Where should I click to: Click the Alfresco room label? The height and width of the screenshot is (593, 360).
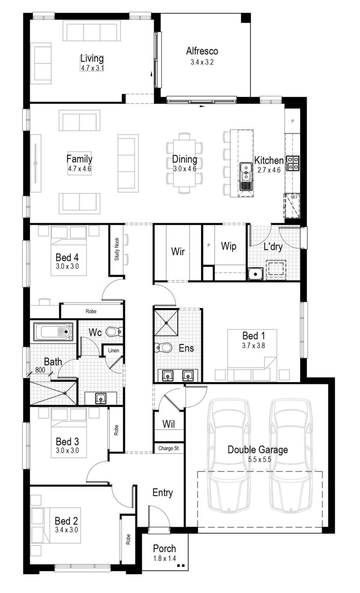(x=202, y=51)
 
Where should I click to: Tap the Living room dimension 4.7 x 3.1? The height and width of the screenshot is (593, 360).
(x=92, y=68)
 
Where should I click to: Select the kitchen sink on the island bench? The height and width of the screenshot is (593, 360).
(x=245, y=176)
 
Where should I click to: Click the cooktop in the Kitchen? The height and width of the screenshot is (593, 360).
(x=293, y=164)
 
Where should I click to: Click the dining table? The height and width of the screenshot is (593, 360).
(x=185, y=160)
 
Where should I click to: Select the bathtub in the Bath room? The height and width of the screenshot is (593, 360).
(x=53, y=332)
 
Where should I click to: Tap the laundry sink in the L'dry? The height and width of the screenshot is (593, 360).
(x=255, y=273)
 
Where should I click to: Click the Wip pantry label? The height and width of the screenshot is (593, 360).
(x=228, y=246)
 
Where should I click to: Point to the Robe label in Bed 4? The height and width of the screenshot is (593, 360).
(x=90, y=312)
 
